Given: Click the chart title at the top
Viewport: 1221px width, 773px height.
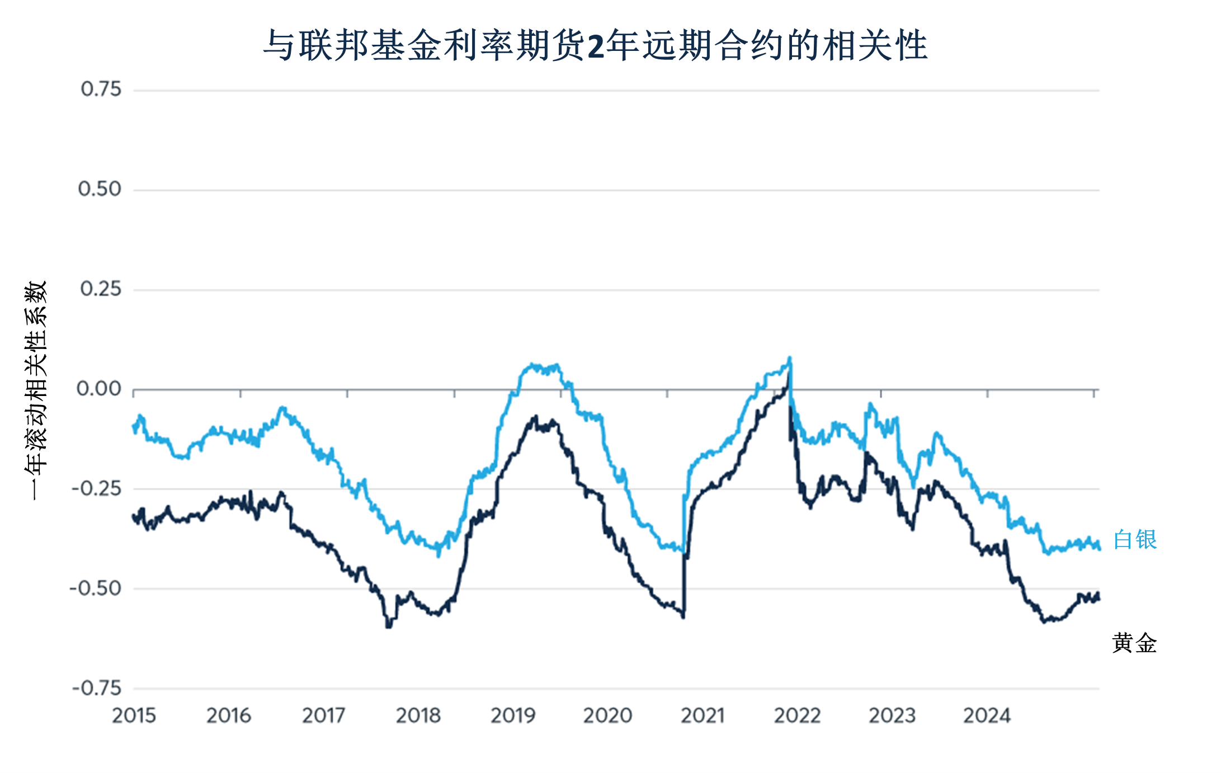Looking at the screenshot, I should [x=596, y=45].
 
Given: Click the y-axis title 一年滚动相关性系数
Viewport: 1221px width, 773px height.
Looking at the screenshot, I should [x=36, y=390].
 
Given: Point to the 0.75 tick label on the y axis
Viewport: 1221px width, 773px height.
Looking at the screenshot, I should [x=101, y=89].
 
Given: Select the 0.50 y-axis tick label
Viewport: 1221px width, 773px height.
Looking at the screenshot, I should [x=100, y=189].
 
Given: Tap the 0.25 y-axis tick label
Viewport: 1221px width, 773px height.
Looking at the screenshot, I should [x=101, y=289].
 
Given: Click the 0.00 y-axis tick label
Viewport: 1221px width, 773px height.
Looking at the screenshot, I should [x=99, y=389].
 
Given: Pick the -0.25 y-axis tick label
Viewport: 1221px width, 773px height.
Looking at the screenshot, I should [x=96, y=489].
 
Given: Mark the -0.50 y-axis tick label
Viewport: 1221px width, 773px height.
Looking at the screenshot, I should [x=95, y=588].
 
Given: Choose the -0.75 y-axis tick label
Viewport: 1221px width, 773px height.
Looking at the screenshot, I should [x=96, y=688].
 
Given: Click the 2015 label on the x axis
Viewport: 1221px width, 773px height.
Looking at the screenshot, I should [x=134, y=715].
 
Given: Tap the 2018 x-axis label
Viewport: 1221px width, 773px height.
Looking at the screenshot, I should [x=418, y=715].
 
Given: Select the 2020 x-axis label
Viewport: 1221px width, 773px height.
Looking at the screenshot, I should [x=607, y=715].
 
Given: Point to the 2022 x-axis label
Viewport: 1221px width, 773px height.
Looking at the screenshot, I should [x=797, y=715].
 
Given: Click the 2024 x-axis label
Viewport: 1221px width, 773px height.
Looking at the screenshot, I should [x=987, y=715].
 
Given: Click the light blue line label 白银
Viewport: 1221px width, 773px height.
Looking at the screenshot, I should [x=1135, y=540].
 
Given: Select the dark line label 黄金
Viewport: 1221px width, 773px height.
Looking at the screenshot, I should [x=1134, y=643].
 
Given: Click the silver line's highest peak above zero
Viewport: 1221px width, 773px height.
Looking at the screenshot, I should [x=789, y=359].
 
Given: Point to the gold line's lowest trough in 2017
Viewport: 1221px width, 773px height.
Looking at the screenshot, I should [x=389, y=626].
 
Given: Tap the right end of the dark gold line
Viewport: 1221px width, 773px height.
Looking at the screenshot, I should [x=1099, y=598].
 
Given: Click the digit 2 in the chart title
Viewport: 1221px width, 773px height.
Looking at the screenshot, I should [x=596, y=46].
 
